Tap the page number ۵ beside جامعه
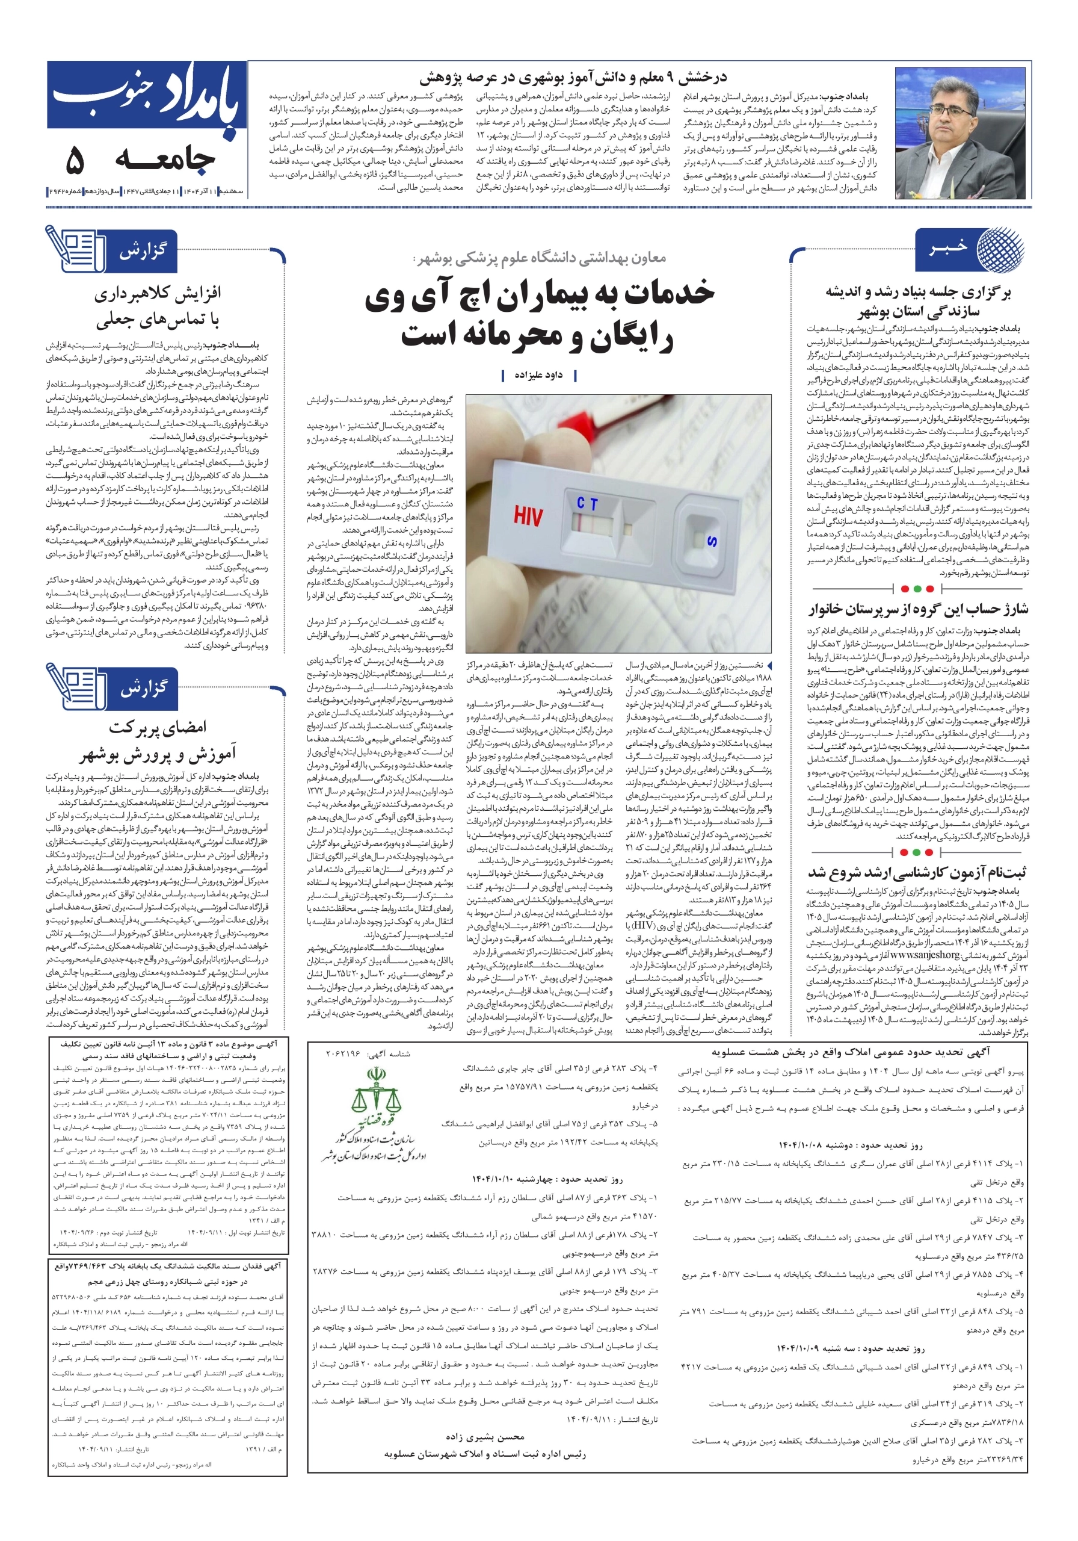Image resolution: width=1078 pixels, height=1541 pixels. pos(75,160)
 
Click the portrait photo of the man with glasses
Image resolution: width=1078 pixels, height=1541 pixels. pos(960,133)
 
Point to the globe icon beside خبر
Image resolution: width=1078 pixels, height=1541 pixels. pos(1000,249)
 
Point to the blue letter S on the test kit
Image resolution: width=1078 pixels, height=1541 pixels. pos(712,541)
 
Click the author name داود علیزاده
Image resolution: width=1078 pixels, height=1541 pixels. pos(538,375)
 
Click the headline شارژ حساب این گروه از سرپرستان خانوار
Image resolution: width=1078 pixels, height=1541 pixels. pos(917,609)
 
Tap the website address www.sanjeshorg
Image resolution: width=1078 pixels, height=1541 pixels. pos(926,955)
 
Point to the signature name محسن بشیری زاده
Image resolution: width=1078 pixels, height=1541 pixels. pos(484,1437)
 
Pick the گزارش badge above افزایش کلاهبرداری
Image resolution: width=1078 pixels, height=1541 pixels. pos(141,252)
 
